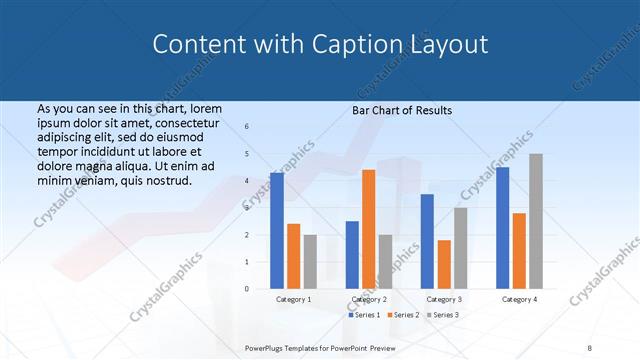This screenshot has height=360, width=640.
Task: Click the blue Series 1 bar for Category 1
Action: [x=277, y=231]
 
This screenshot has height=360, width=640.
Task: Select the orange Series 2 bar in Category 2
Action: [x=368, y=229]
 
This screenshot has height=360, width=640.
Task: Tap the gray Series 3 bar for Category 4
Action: [x=536, y=221]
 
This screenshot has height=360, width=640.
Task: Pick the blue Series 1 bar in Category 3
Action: [x=427, y=241]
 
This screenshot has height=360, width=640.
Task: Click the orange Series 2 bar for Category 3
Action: [x=444, y=264]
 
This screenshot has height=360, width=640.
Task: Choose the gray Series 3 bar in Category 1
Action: [x=310, y=262]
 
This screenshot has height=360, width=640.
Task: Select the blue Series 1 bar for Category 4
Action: [x=503, y=228]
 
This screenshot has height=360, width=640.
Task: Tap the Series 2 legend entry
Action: [x=403, y=315]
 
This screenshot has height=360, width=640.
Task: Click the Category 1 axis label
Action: [x=293, y=299]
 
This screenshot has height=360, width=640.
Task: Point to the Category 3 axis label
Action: [x=444, y=299]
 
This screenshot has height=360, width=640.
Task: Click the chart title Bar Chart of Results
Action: [x=402, y=110]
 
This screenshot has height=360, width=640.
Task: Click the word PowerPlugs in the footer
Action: [x=267, y=347]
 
